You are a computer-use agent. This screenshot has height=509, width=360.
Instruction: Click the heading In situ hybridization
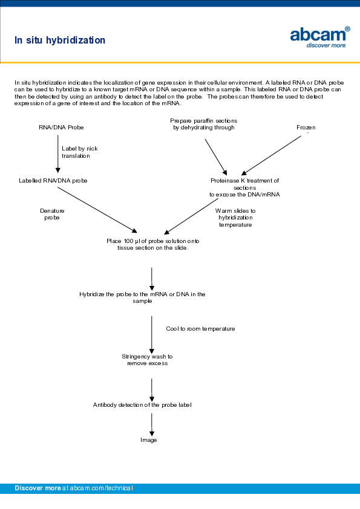[x=60, y=41]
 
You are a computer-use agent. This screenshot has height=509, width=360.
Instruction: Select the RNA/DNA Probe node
[x=61, y=128]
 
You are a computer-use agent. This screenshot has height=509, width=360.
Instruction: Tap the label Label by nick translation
[x=79, y=152]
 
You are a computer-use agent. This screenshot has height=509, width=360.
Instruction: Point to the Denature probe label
[x=52, y=214]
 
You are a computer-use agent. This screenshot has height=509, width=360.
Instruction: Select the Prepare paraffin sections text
[x=203, y=124]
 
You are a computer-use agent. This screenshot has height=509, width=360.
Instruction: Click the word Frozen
[x=306, y=128]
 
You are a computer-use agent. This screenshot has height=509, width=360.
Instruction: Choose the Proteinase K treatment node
[x=244, y=187]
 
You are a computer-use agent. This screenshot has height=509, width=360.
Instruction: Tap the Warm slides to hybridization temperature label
[x=235, y=218]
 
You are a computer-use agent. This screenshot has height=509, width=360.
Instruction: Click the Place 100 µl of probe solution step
[x=152, y=244]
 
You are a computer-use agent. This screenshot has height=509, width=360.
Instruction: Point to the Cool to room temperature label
[x=200, y=329]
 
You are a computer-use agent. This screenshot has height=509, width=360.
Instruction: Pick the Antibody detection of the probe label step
[x=142, y=404]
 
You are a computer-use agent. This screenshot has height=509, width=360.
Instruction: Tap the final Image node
[x=149, y=440]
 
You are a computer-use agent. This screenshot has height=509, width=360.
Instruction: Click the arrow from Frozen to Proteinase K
[x=271, y=155]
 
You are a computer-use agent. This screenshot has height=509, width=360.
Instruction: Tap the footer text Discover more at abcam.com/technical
[x=74, y=488]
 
